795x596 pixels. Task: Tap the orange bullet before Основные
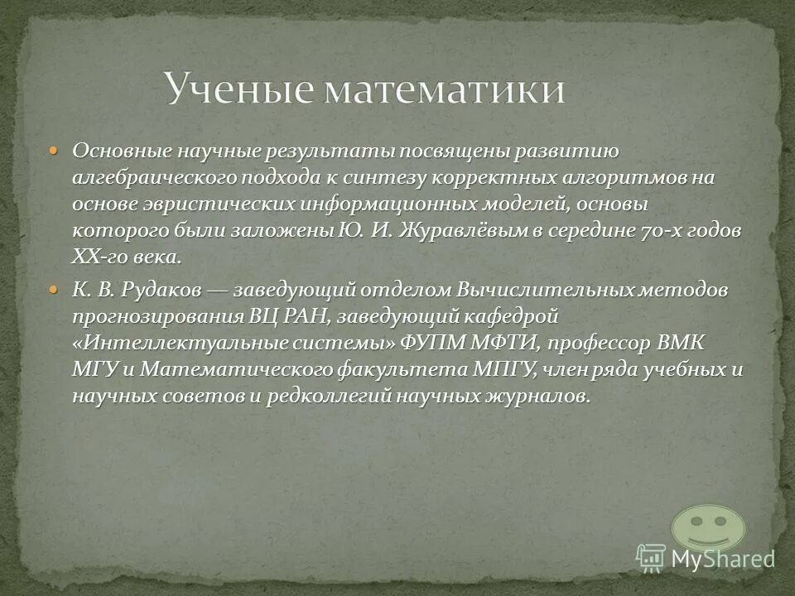click(x=55, y=151)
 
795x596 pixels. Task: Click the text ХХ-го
click(x=99, y=257)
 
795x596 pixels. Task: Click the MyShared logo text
click(x=723, y=559)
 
